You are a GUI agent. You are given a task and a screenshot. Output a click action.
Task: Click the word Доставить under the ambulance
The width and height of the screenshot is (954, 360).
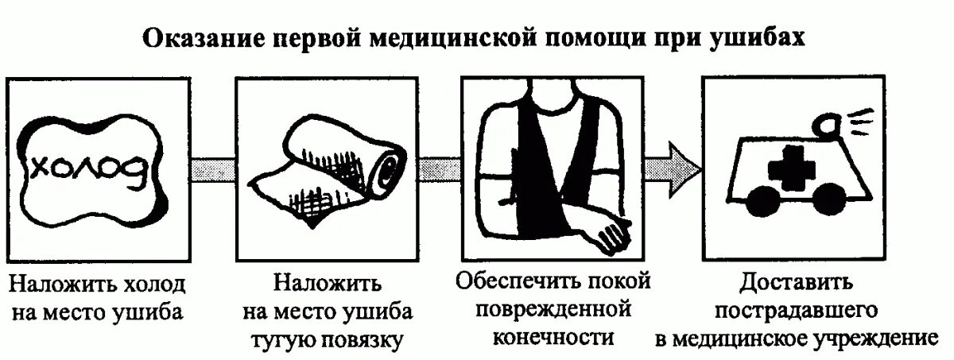tap(796, 284)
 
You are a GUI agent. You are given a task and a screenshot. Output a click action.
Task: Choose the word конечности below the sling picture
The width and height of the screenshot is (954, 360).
tap(554, 336)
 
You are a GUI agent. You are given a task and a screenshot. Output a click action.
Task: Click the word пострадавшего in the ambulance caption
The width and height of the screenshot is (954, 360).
tap(797, 311)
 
